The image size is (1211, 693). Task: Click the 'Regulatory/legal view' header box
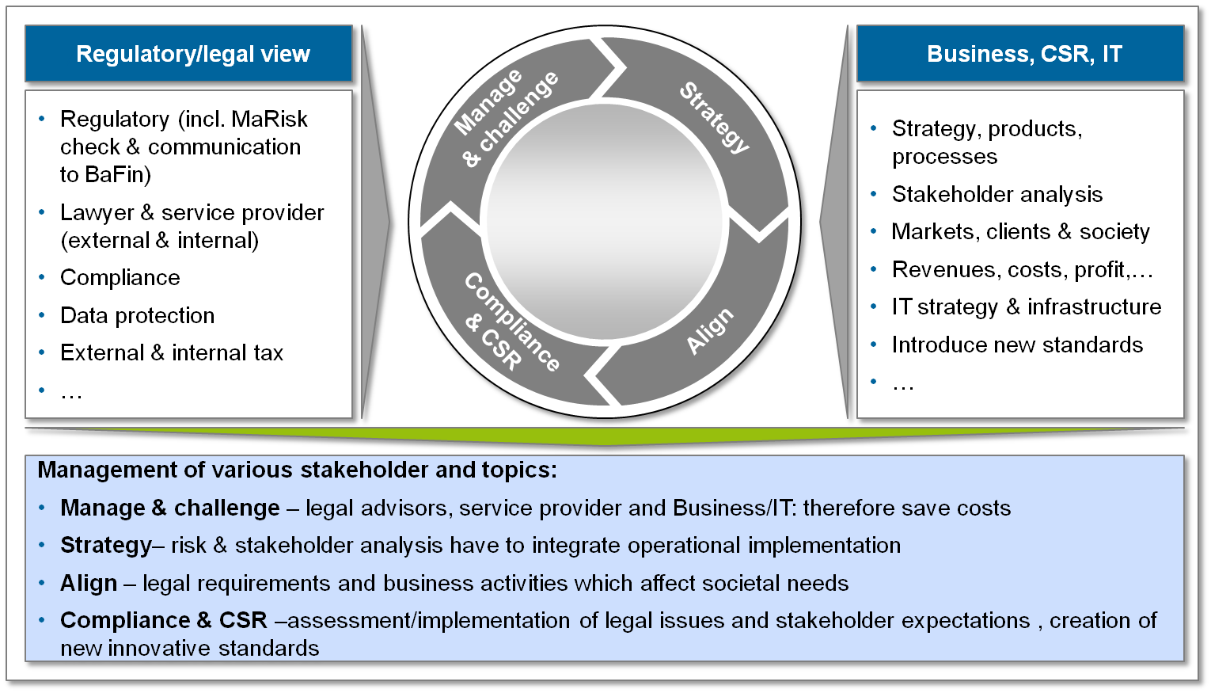[x=192, y=54]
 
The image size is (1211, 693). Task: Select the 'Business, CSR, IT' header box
[x=1024, y=54]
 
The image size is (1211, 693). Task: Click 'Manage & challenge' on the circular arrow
[x=506, y=117]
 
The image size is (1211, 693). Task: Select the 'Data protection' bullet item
[x=137, y=315]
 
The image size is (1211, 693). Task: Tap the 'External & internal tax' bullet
[x=172, y=352]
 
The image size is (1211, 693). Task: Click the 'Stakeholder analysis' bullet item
[x=997, y=194]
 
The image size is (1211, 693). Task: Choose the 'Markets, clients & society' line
[x=1020, y=231]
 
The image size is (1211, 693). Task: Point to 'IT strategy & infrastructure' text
[x=1027, y=307]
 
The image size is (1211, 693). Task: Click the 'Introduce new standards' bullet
[x=1017, y=345]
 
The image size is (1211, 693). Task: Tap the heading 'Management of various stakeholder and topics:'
[x=297, y=470]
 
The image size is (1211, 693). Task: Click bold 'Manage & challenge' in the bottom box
[x=169, y=508]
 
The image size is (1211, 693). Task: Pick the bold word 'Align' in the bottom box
[x=88, y=583]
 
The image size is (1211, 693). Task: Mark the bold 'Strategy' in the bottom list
[x=105, y=545]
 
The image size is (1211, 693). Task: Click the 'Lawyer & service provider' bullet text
[x=192, y=212]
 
